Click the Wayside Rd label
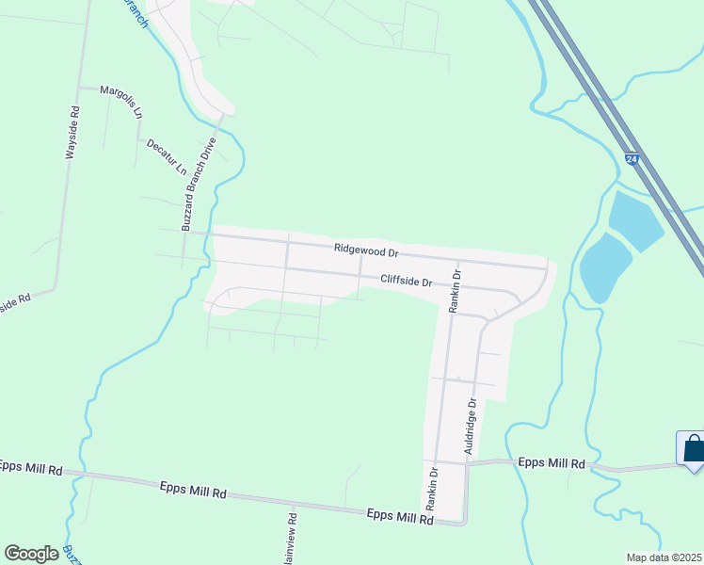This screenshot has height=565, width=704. (x=72, y=131)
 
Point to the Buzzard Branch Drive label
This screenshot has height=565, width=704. (x=199, y=185)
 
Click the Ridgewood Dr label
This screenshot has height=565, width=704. (x=367, y=251)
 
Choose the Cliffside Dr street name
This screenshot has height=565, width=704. (x=406, y=281)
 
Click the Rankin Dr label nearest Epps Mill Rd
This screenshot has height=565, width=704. (x=432, y=489)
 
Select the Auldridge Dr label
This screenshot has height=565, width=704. (x=472, y=427)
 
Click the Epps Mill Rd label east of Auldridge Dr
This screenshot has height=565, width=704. (x=552, y=463)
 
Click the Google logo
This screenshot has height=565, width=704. (x=31, y=554)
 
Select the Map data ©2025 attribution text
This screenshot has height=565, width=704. (x=664, y=557)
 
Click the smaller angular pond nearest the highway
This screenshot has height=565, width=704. (x=635, y=220)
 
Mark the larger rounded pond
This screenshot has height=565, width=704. (x=604, y=268)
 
